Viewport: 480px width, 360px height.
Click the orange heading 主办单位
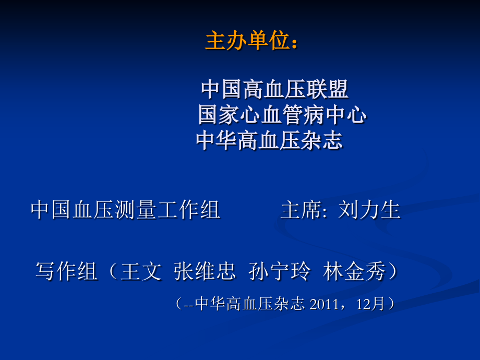click(x=247, y=42)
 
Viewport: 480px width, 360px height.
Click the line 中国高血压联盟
click(x=274, y=90)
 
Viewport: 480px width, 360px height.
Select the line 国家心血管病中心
click(x=282, y=115)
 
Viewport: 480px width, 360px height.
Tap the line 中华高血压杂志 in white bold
click(x=269, y=140)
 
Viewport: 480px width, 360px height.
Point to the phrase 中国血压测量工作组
click(x=125, y=210)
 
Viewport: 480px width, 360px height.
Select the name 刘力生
click(x=369, y=210)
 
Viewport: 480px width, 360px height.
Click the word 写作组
click(x=66, y=272)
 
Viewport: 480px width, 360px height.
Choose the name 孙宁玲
click(x=280, y=272)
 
